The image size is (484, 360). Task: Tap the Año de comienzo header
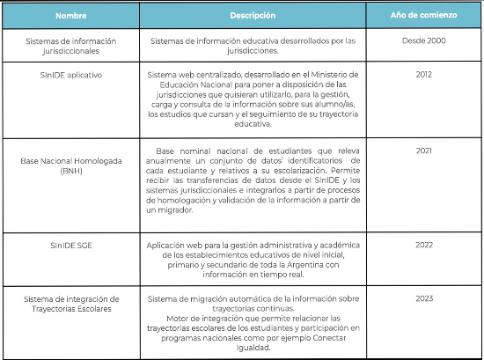pyautogui.click(x=424, y=16)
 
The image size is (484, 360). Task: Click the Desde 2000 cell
pyautogui.click(x=424, y=40)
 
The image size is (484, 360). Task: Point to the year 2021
pyautogui.click(x=424, y=151)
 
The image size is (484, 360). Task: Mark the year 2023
pyautogui.click(x=424, y=299)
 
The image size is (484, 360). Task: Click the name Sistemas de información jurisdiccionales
pyautogui.click(x=62, y=46)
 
